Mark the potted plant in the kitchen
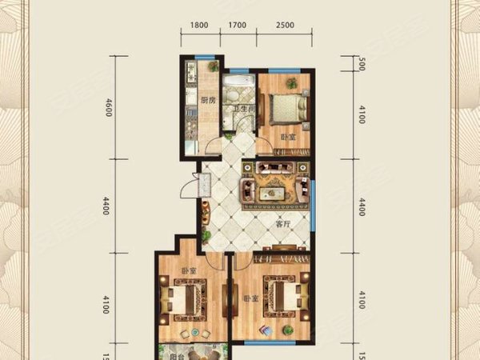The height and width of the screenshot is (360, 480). click(214, 69)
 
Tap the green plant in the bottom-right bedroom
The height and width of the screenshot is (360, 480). click(263, 328)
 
